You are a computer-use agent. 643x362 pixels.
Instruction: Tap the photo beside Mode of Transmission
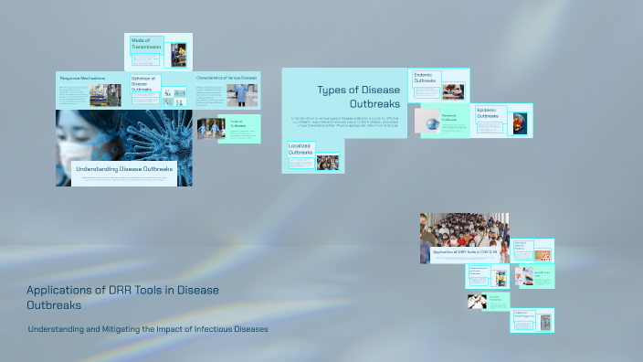(x=179, y=54)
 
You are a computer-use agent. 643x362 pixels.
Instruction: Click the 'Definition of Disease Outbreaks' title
(x=143, y=84)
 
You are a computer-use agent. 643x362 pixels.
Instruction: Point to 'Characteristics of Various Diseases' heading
(x=227, y=79)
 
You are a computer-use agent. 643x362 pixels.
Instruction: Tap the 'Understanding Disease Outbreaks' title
(x=124, y=169)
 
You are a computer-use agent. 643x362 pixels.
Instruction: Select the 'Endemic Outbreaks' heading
(x=426, y=78)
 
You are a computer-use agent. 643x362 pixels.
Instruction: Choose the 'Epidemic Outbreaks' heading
(x=489, y=113)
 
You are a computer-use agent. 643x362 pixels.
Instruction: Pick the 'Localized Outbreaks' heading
(x=301, y=149)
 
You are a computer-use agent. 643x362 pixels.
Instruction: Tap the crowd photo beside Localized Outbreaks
(x=327, y=163)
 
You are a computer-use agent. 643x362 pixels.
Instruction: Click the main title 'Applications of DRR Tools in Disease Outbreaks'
(x=122, y=297)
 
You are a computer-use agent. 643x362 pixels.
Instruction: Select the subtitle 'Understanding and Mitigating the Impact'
(x=148, y=329)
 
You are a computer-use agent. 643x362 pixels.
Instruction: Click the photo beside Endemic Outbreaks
(x=453, y=90)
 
